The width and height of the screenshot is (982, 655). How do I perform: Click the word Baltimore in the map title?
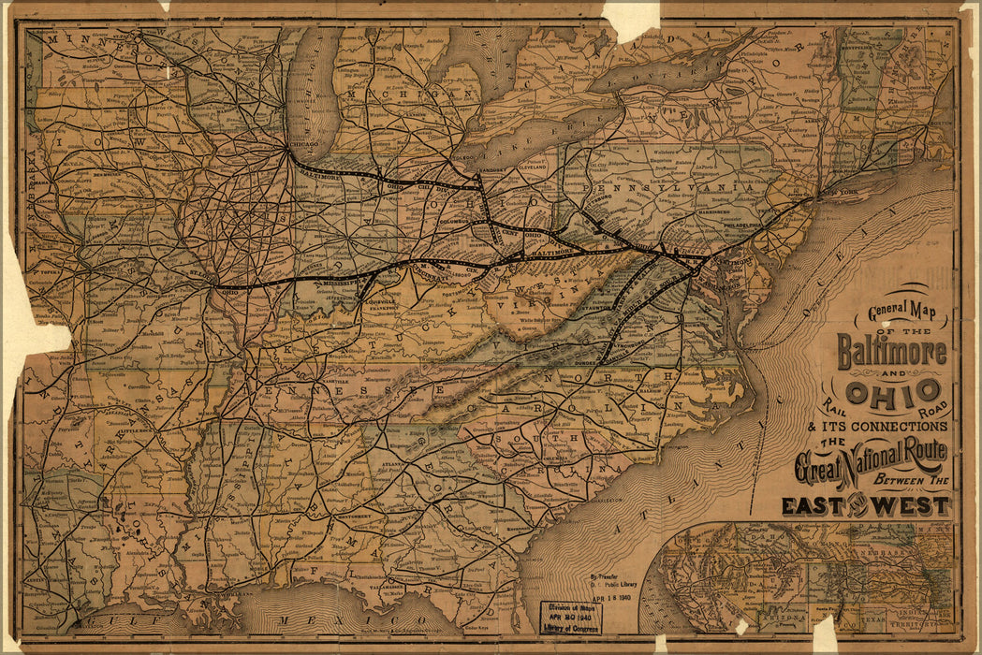pyautogui.click(x=892, y=352)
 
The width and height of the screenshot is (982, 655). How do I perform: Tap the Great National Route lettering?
pyautogui.click(x=871, y=458)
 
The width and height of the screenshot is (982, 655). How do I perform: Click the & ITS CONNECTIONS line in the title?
pyautogui.click(x=885, y=427)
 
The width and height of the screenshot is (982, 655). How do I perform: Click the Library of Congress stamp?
pyautogui.click(x=571, y=619)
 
